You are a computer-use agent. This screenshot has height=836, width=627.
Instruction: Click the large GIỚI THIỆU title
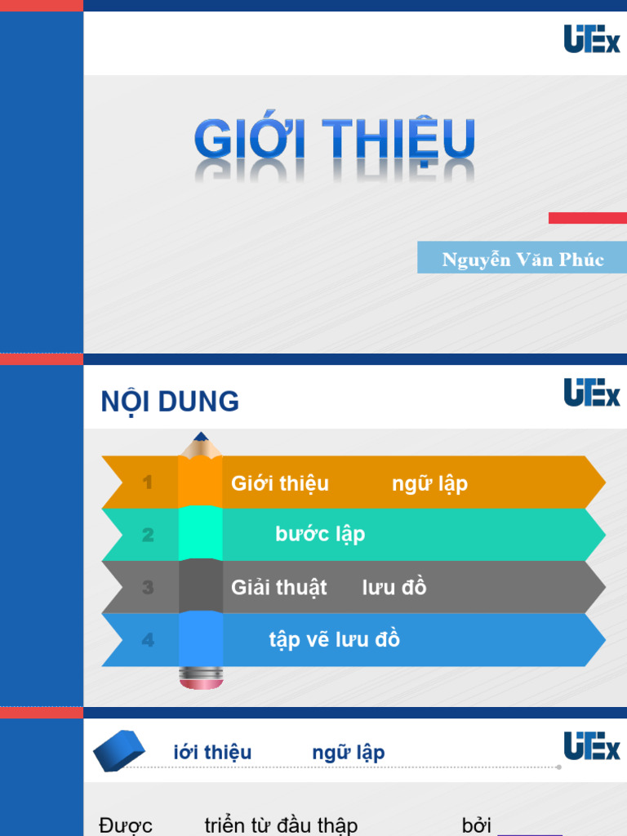click(335, 140)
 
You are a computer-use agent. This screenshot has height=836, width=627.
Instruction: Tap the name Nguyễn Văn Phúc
click(522, 260)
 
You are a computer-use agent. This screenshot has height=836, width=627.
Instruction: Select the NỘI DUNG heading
click(170, 402)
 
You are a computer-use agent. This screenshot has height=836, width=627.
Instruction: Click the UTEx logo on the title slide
click(592, 39)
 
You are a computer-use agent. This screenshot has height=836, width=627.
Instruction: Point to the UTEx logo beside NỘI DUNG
click(592, 393)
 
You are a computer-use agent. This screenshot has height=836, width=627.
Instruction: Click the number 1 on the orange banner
click(148, 482)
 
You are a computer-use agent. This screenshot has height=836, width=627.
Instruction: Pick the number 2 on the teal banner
click(148, 535)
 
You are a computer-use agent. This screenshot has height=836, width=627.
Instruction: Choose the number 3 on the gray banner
click(148, 587)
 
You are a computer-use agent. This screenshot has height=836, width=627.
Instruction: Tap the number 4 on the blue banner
click(148, 640)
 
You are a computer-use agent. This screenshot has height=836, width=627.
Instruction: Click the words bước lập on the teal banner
click(320, 534)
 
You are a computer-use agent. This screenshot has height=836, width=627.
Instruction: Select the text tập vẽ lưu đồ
click(334, 639)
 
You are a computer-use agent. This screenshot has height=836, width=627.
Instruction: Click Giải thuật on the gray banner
click(278, 588)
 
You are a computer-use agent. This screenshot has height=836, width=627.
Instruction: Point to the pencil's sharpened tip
click(201, 438)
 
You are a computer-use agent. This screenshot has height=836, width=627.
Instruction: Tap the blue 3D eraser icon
click(119, 750)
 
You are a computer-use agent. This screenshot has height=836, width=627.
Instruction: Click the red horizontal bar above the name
click(587, 218)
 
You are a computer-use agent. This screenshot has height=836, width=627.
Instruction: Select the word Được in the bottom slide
click(126, 825)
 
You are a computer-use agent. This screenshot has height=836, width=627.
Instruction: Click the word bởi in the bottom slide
click(476, 825)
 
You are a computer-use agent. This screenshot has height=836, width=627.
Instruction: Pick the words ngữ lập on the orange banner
click(429, 483)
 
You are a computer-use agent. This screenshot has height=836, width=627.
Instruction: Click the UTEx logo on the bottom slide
click(592, 746)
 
